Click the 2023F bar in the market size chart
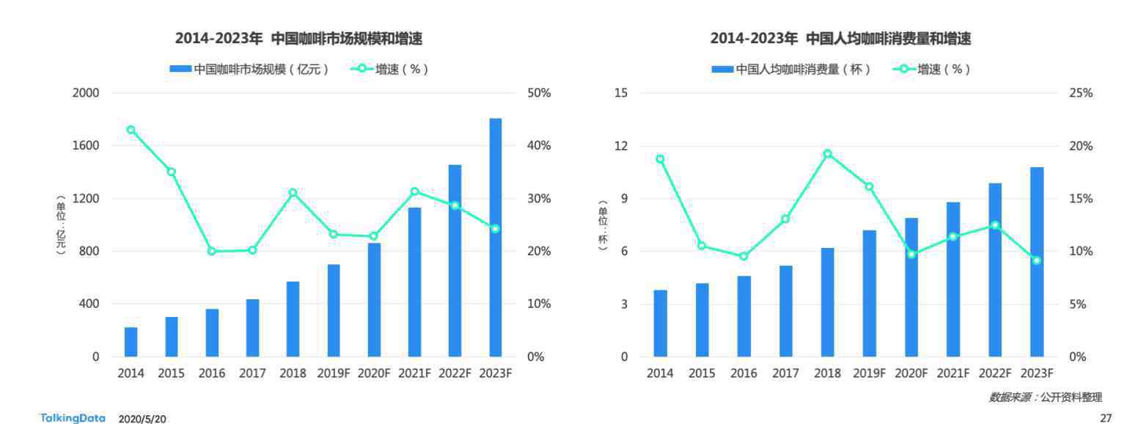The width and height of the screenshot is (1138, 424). [496, 237]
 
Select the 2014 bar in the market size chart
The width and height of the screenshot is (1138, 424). [131, 342]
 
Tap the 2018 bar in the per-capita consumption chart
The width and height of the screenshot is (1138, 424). [827, 302]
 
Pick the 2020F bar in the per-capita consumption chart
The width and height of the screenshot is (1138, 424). [911, 287]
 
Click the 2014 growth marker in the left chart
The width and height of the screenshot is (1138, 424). [131, 130]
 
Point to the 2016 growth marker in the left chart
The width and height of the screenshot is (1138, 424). [212, 251]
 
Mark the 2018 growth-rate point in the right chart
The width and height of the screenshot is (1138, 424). [827, 154]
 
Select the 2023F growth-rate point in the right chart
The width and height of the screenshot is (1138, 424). [1037, 260]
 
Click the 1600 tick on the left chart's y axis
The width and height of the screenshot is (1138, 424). [87, 146]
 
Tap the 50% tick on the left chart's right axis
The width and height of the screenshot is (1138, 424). [539, 93]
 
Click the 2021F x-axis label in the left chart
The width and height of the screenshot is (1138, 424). [414, 373]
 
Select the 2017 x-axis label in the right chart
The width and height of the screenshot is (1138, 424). [785, 373]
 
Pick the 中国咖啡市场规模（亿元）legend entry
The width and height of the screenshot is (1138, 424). [249, 70]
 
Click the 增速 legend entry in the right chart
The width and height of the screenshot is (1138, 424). [931, 70]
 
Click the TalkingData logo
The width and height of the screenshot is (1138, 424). [73, 418]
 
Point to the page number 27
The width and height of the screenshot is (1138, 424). [1106, 418]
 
